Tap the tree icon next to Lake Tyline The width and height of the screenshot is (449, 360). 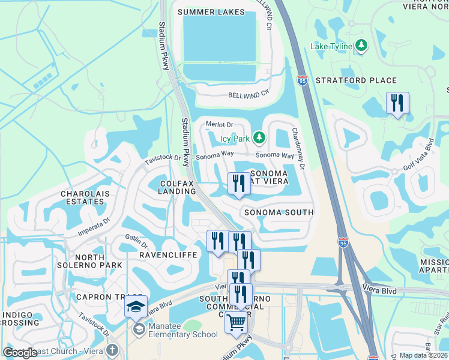click(x=361, y=46)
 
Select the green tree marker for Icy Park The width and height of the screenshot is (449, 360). click(x=259, y=139)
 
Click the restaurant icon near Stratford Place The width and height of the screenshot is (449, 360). click(x=397, y=103)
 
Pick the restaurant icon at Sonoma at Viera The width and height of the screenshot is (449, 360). click(x=239, y=184)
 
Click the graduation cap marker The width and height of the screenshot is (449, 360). click(x=136, y=307)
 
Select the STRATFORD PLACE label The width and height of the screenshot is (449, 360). click(x=356, y=80)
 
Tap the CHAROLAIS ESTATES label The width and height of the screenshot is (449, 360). click(x=83, y=198)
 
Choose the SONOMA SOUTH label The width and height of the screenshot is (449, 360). click(x=279, y=212)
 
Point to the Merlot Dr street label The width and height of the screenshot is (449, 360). click(x=219, y=125)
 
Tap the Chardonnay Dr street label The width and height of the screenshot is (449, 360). click(x=299, y=148)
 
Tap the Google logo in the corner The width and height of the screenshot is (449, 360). click(x=20, y=352)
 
